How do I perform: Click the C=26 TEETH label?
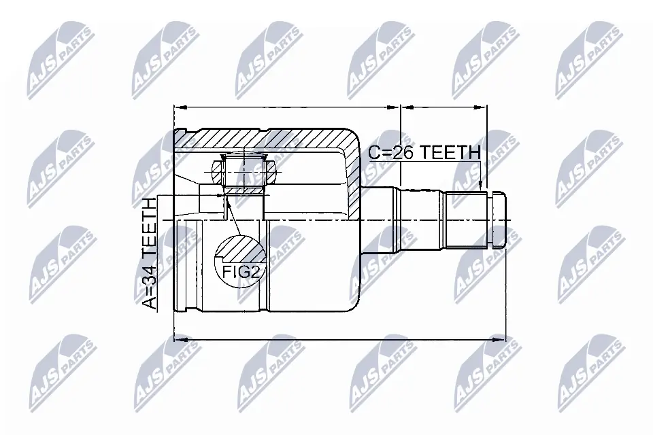click(424, 153)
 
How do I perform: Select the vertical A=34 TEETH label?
click(149, 253)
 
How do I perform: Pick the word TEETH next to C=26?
click(450, 153)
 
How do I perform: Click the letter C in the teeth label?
click(375, 153)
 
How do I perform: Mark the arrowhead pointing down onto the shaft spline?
click(482, 186)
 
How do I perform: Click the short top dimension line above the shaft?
click(444, 107)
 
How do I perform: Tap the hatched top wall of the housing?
click(272, 139)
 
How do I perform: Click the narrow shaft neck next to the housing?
click(378, 220)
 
